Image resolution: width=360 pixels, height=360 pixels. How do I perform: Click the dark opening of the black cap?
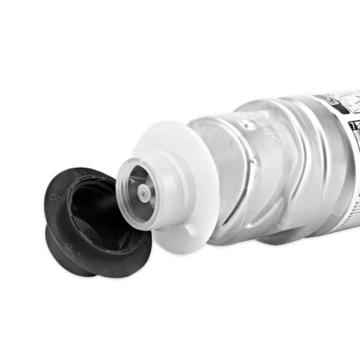click(97, 211)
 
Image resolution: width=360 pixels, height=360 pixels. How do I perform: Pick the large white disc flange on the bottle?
click(198, 148)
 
